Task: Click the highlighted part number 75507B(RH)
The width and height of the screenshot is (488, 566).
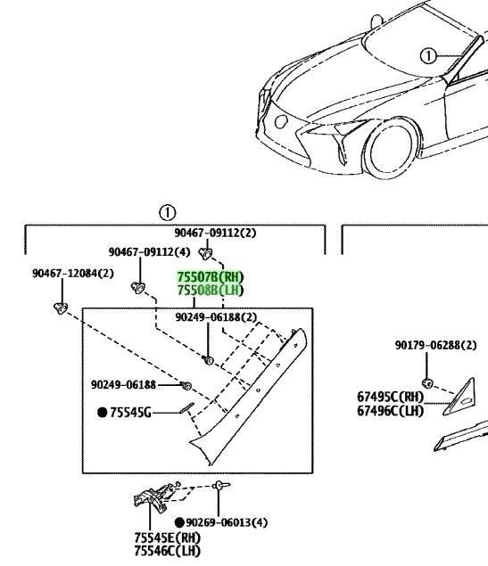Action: coord(211,277)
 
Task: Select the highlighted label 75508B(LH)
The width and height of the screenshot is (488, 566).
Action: coord(211,290)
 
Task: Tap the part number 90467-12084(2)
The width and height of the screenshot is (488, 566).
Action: coord(73,274)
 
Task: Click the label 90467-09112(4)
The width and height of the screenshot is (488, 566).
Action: coord(149,251)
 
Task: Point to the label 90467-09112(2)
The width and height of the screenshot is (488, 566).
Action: coord(215,233)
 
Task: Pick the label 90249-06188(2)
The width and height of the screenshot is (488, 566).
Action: coord(216,317)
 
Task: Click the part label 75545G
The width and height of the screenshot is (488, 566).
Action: coord(130,412)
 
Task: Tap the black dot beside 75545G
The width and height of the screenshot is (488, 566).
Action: coord(103,412)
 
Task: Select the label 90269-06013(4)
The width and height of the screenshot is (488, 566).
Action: coord(227,522)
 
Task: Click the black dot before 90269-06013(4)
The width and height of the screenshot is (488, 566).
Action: coord(179,522)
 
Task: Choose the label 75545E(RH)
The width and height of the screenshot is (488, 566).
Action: coord(168,537)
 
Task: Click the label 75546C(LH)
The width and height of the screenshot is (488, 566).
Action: coord(168,551)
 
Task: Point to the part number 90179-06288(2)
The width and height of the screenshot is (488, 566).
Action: coord(435,345)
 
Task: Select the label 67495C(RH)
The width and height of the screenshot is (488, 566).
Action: coord(390,397)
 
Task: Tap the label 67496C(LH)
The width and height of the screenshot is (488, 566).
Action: coord(390,411)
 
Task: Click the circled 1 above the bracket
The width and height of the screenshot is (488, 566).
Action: coord(168,213)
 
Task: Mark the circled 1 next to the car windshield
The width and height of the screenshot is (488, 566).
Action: coord(428,56)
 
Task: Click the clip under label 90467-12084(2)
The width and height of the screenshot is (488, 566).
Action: coord(61,308)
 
